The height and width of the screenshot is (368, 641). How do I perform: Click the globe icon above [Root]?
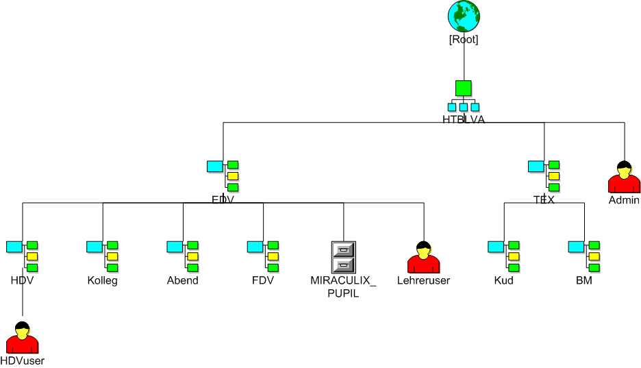[464, 16]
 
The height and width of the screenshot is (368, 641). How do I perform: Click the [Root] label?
[464, 39]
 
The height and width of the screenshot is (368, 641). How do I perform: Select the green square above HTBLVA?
[464, 88]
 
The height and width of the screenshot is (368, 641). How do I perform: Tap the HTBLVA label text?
[464, 119]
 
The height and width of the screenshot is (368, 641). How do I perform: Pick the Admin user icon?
[624, 177]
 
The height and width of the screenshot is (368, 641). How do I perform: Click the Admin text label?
[624, 200]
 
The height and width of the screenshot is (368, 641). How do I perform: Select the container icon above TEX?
[544, 176]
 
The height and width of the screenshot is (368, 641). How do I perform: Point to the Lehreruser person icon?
[423, 258]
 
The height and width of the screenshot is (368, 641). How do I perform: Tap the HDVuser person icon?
[23, 337]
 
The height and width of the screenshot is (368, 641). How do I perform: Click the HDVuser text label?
[23, 360]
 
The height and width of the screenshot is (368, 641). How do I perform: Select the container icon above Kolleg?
[103, 256]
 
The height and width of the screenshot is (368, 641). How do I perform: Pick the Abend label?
[183, 280]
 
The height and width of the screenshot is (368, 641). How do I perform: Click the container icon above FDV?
[263, 256]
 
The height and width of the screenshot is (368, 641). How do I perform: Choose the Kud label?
[503, 280]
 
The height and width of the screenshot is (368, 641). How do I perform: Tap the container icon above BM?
[584, 256]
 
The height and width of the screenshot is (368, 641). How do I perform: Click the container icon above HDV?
[22, 256]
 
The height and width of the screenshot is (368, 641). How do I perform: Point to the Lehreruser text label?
[423, 280]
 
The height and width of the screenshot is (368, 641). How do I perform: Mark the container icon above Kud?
[503, 256]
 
